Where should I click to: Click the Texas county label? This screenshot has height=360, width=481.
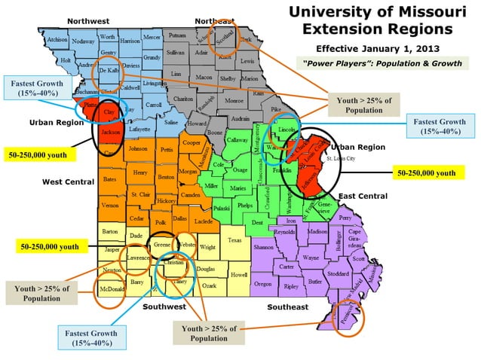(x=235, y=240)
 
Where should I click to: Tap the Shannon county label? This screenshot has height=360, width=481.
(x=263, y=247)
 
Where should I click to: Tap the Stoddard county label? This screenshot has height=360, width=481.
(x=339, y=273)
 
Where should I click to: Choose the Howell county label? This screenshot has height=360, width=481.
(x=238, y=275)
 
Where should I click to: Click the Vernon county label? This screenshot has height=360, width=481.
(x=110, y=205)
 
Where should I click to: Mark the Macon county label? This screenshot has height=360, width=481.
(x=203, y=78)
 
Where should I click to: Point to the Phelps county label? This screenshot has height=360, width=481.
(x=244, y=205)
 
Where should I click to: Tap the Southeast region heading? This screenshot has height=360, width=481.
(x=288, y=307)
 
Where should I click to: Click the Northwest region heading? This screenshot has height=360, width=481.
(x=88, y=20)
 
